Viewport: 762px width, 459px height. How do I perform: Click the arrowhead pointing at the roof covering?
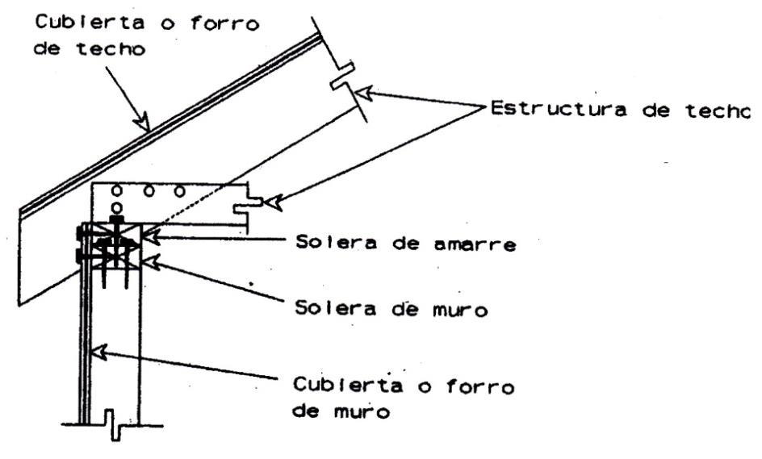[x=143, y=123]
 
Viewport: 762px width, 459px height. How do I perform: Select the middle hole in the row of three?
[x=149, y=192]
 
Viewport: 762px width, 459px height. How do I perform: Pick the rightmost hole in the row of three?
[x=180, y=192]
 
